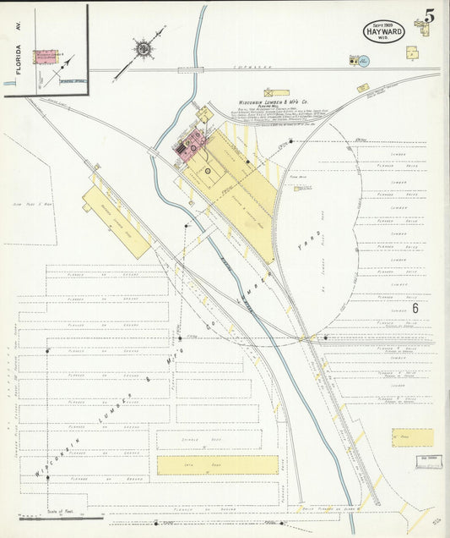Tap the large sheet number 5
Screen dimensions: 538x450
[x=430, y=16]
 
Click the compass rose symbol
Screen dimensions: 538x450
[x=144, y=49]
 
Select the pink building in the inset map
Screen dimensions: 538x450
[x=45, y=57]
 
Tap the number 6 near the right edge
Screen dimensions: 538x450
[x=415, y=308]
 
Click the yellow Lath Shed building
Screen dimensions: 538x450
[x=217, y=464]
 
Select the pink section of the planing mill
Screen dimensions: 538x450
[x=191, y=144]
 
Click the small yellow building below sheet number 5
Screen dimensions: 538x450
[x=411, y=52]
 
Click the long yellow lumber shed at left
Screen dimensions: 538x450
[x=117, y=222]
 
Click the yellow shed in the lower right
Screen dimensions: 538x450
[x=412, y=437]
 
